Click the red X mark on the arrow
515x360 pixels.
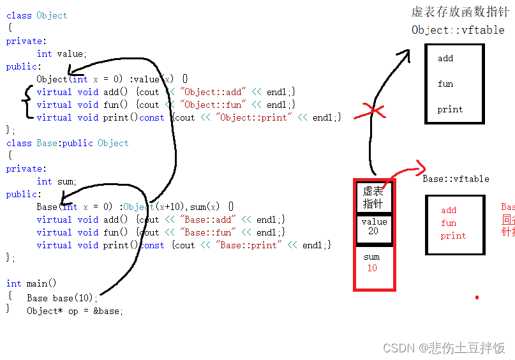click(376, 112)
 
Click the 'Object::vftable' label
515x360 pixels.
click(458, 30)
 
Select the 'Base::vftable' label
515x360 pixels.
click(456, 179)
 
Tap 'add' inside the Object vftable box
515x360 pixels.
click(445, 58)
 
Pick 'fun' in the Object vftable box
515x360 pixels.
click(445, 84)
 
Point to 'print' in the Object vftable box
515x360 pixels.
click(450, 109)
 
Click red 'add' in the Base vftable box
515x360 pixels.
click(449, 210)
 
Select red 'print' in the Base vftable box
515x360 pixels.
click(453, 236)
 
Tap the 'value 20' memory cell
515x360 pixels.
click(373, 227)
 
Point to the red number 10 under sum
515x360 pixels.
click(372, 268)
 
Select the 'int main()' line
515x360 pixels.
click(31, 283)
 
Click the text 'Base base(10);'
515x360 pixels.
click(63, 298)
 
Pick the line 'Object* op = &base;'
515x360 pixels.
click(75, 311)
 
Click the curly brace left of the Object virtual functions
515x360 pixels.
click(26, 104)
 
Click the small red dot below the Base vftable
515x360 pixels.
click(477, 297)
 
